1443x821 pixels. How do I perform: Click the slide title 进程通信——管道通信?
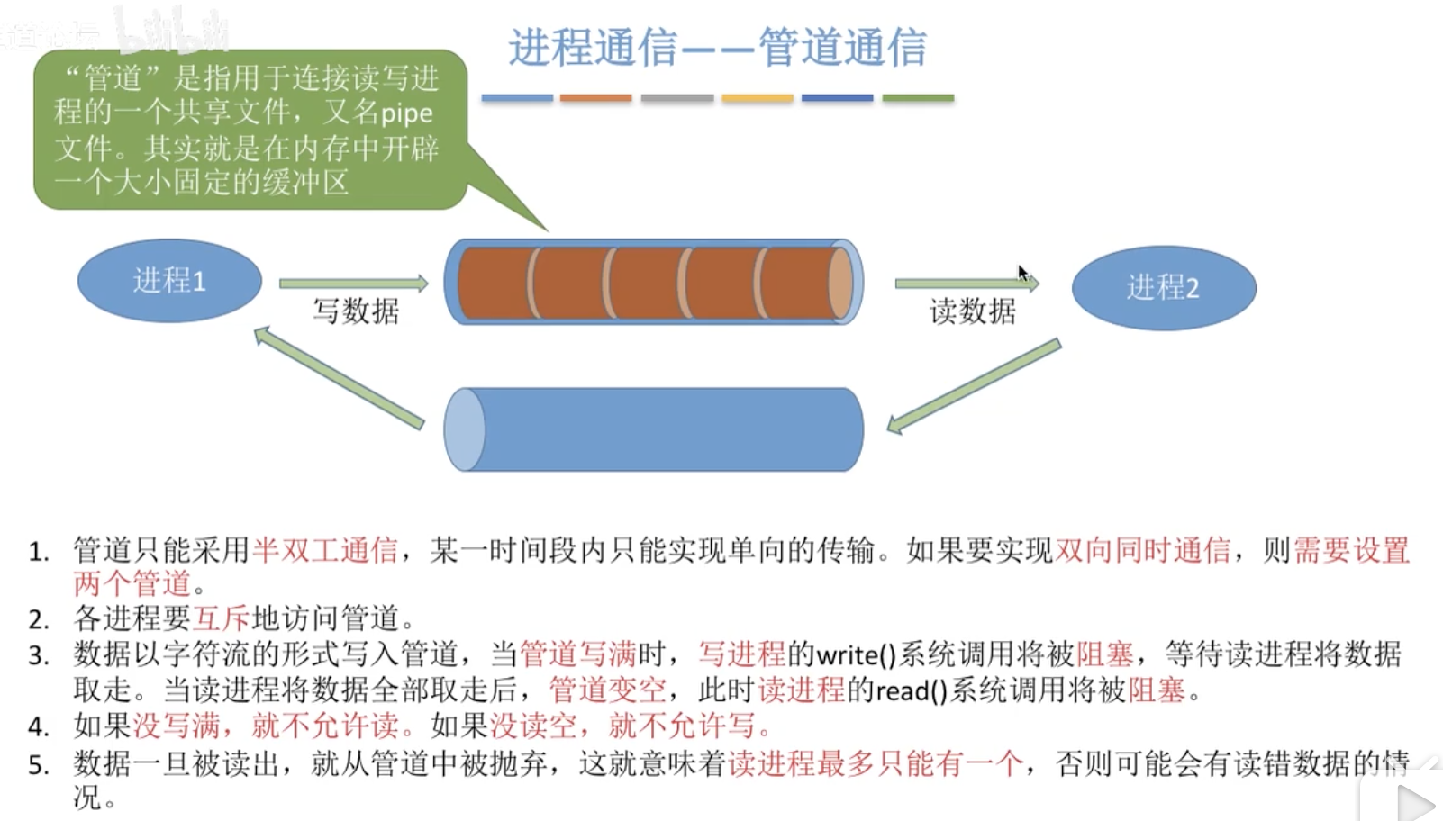point(717,47)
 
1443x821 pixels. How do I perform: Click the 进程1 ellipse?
point(169,281)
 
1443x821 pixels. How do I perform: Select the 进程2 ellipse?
point(1163,288)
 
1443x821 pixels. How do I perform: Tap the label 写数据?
point(356,311)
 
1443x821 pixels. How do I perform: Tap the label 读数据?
point(972,311)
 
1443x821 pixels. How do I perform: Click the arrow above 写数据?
point(353,284)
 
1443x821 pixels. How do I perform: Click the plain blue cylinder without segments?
point(654,429)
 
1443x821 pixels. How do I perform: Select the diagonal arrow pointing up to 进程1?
point(339,377)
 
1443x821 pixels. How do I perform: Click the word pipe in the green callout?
point(406,114)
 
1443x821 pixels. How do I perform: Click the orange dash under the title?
point(595,98)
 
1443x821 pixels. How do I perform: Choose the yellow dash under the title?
point(757,98)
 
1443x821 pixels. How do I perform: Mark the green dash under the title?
point(917,98)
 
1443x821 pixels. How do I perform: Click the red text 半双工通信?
point(325,550)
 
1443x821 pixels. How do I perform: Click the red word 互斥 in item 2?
point(222,619)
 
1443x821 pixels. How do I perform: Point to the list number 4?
point(38,726)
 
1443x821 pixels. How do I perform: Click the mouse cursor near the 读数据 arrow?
point(1023,273)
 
